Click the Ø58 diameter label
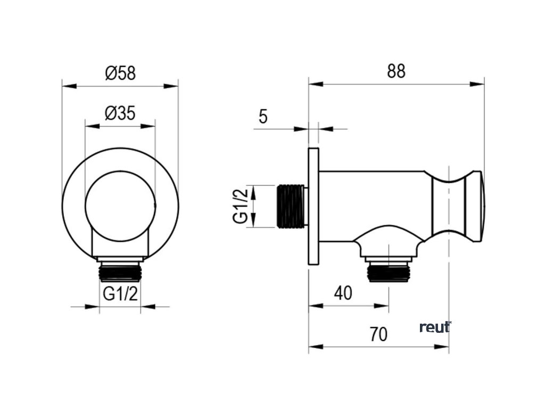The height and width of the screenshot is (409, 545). (x=120, y=73)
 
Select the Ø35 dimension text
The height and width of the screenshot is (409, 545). (x=120, y=113)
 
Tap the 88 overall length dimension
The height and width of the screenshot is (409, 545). (x=396, y=71)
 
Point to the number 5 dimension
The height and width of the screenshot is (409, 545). (x=263, y=117)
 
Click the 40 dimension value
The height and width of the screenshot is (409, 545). (x=343, y=293)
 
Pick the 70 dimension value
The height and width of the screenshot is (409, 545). (x=378, y=334)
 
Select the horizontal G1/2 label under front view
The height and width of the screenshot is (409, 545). (x=120, y=295)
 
